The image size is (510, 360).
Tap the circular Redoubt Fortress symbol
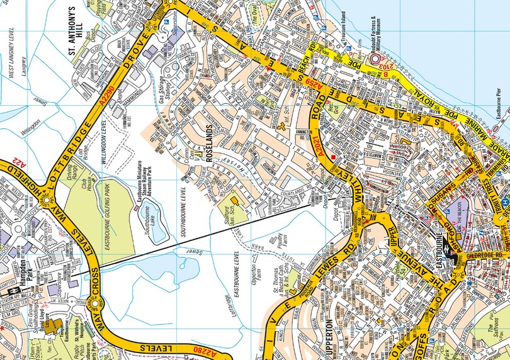click(x=377, y=60)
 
